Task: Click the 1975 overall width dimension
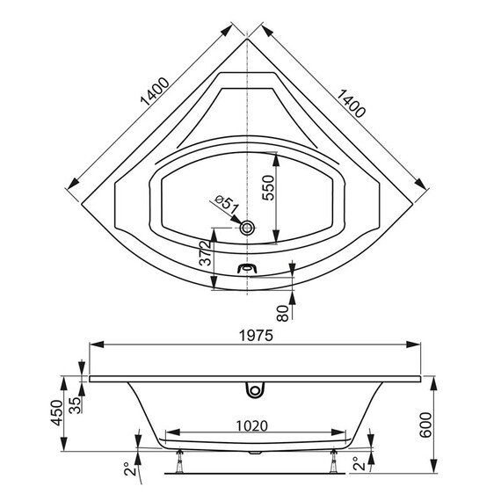[256, 336]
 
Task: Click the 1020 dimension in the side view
[251, 425]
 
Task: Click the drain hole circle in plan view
[249, 228]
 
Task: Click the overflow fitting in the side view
[256, 386]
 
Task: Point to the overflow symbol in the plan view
[249, 268]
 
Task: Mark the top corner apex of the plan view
[249, 40]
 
